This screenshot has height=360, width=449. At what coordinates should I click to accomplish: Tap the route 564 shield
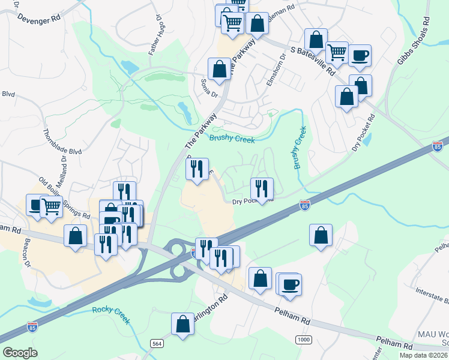[157, 342]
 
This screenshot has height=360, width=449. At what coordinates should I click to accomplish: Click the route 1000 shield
[303, 340]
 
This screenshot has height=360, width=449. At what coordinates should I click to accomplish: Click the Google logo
[20, 352]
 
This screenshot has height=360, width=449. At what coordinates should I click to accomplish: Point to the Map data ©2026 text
[423, 355]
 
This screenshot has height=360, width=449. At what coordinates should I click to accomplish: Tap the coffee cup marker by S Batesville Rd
[360, 56]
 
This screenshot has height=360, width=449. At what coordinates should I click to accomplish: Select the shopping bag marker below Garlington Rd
[182, 325]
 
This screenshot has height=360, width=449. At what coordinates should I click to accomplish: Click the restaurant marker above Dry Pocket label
[262, 188]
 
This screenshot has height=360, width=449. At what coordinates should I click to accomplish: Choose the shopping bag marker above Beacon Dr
[76, 235]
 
